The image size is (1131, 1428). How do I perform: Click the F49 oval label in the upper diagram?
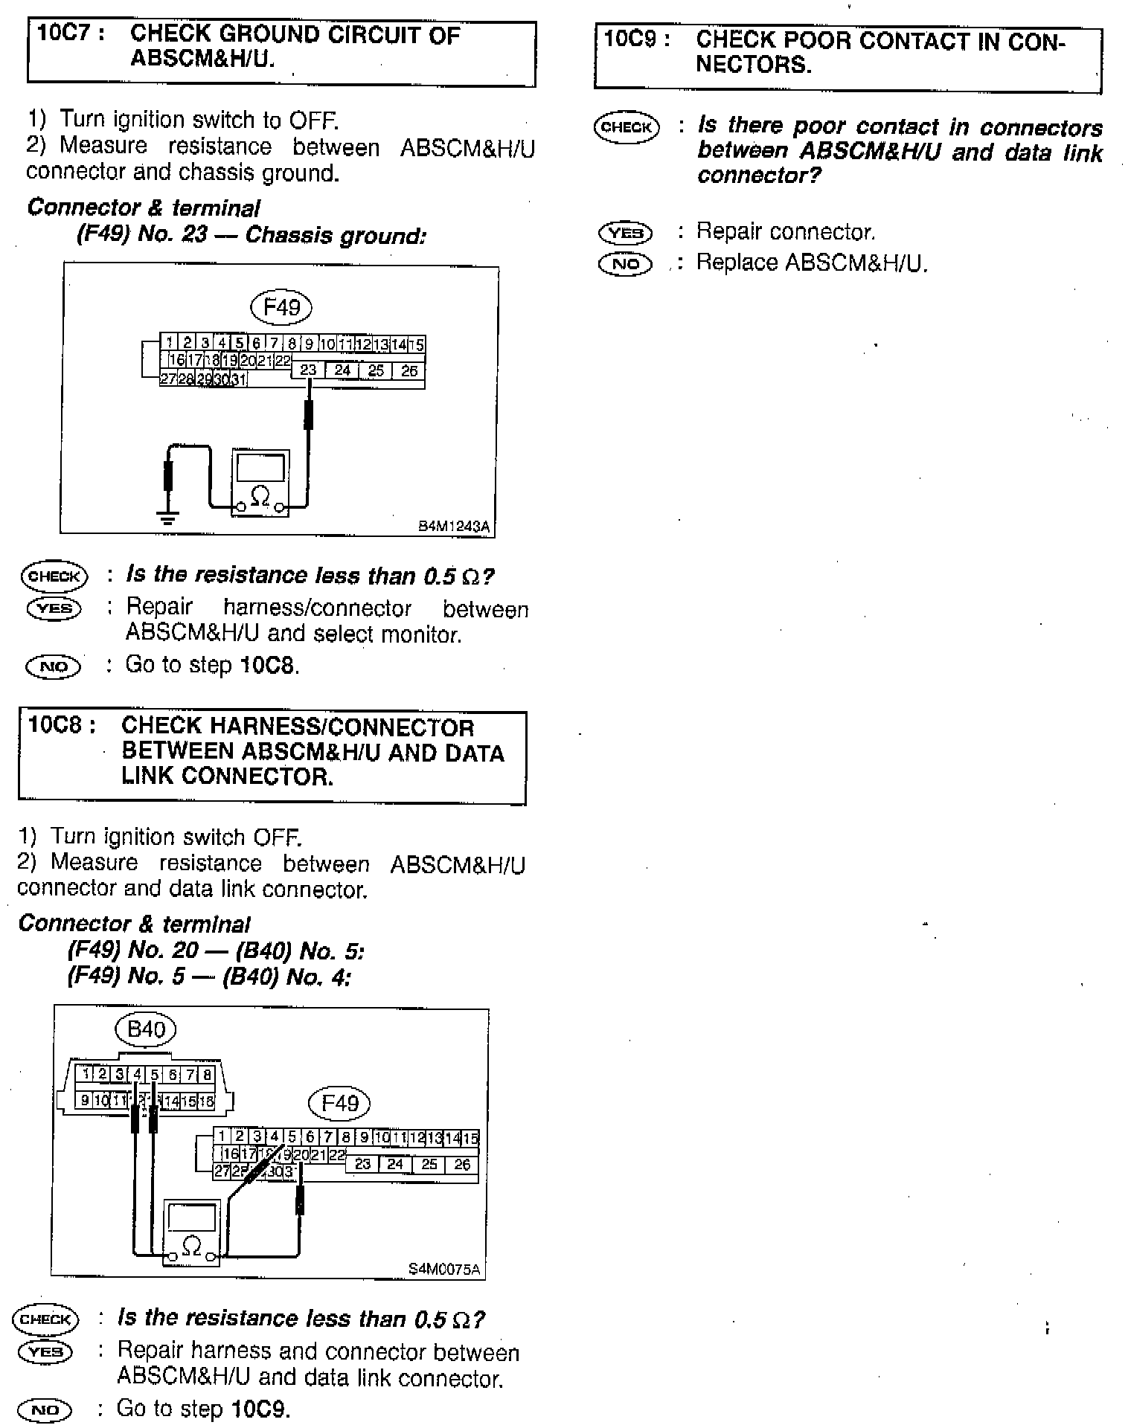[x=281, y=306]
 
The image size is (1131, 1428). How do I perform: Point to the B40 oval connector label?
[x=146, y=1029]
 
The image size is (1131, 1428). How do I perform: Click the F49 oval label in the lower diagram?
[x=339, y=1102]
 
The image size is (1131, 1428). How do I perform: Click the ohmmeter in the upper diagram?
[x=260, y=482]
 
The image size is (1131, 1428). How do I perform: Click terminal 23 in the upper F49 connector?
[x=308, y=370]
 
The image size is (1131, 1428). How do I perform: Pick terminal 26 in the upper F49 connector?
[x=408, y=370]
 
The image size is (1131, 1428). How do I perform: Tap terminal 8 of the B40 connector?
[x=207, y=1074]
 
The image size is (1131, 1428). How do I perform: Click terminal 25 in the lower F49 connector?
[x=429, y=1164]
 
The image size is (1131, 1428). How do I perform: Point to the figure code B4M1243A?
[x=454, y=527]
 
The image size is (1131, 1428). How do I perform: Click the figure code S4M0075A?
[x=445, y=1270]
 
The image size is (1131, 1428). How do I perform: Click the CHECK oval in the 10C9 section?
[x=627, y=127]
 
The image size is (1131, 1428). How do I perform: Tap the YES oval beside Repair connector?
[x=625, y=233]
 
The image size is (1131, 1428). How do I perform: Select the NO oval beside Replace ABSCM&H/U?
[x=625, y=264]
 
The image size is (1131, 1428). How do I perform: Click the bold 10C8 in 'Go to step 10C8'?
[x=268, y=665]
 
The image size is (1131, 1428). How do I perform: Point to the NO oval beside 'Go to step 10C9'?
[x=47, y=1409]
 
